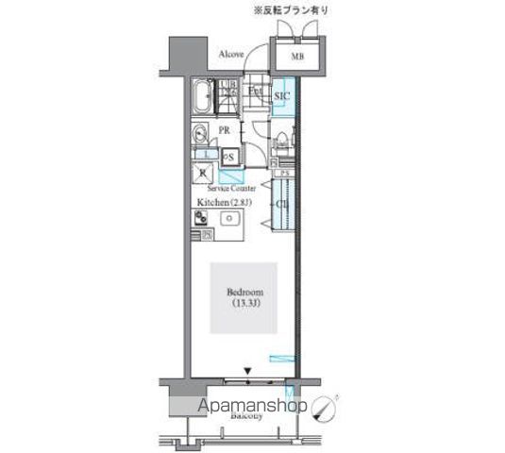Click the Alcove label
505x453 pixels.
[x=231, y=55]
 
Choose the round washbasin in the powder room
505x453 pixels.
[x=202, y=133]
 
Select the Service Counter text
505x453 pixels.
[x=232, y=189]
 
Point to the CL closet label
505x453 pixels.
[x=281, y=204]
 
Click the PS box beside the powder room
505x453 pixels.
[x=228, y=157]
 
